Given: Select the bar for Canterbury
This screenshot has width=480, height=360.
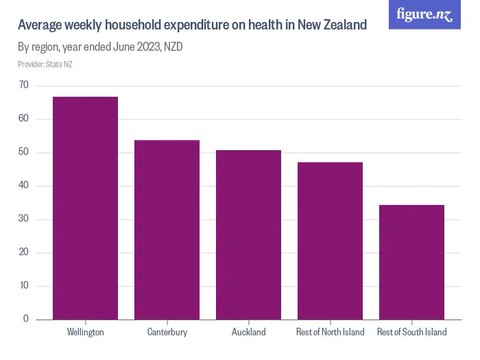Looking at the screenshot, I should [167, 230].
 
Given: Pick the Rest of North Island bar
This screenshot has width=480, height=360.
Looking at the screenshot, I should [330, 241].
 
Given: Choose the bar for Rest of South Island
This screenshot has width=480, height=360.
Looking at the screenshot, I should [411, 262].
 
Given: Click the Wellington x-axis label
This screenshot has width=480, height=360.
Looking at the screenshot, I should [85, 333].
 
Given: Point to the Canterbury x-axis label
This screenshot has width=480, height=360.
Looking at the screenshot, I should [167, 333].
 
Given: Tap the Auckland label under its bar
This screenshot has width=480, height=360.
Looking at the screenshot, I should [248, 333].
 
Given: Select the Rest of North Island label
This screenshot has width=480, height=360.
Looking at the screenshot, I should [330, 333].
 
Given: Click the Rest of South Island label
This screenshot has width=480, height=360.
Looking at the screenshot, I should [411, 333].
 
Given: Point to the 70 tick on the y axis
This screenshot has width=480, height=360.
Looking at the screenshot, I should [24, 85].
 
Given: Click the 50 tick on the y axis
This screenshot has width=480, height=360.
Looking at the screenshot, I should [24, 152].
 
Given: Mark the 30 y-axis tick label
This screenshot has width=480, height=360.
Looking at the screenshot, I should [24, 219].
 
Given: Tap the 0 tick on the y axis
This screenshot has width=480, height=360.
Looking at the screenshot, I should [26, 319].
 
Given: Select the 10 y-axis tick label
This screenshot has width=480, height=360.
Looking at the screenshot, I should [24, 286].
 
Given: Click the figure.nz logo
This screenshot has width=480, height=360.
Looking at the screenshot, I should [425, 14].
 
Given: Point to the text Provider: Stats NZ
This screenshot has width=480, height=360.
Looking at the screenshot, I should [45, 64].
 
